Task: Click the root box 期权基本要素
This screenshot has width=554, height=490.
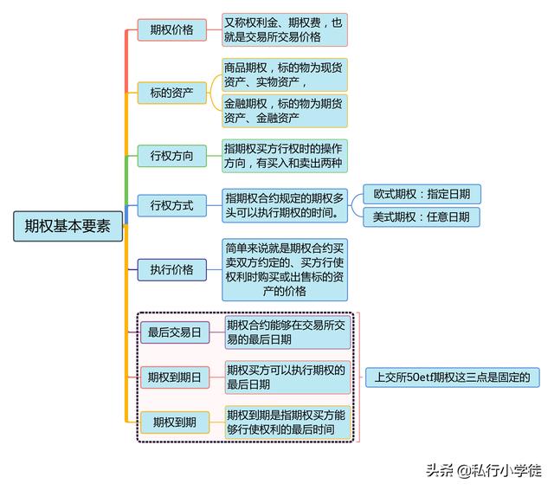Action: click(68, 226)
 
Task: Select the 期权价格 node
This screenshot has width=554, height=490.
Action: click(171, 29)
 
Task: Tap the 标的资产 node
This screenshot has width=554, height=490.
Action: click(171, 93)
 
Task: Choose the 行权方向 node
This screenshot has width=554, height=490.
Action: click(171, 156)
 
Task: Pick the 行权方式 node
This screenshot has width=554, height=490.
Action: click(171, 205)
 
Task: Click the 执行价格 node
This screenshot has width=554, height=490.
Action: click(171, 270)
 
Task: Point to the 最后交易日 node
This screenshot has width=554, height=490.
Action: click(175, 332)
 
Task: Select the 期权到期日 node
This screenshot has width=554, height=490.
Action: click(175, 377)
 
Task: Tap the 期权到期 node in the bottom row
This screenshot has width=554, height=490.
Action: click(175, 422)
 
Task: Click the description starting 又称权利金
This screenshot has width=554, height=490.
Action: click(285, 29)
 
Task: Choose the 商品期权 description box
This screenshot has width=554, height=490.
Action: click(285, 75)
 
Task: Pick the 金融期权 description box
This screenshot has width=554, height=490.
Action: click(285, 111)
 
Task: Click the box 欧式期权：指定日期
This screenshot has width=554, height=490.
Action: click(422, 194)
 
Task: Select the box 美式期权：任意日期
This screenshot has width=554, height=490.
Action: click(422, 217)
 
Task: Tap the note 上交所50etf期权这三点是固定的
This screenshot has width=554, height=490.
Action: click(452, 377)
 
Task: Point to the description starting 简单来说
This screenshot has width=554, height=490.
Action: click(285, 270)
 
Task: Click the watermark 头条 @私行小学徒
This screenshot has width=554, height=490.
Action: click(484, 471)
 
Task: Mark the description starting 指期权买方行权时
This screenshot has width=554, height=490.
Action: click(285, 156)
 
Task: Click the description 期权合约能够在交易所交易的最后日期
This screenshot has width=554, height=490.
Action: click(287, 332)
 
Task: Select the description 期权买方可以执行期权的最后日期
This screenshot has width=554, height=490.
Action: click(287, 377)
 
